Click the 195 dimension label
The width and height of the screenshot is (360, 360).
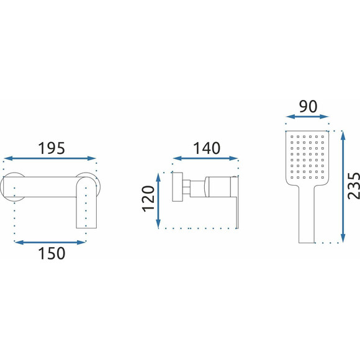coord(52,148)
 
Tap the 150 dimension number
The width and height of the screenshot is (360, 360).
coord(52,253)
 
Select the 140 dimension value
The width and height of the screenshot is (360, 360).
coord(207,148)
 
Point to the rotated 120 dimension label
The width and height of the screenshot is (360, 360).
coord(148,199)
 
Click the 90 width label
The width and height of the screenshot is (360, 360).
coord(308,107)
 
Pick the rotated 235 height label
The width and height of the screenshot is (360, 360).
coord(354,186)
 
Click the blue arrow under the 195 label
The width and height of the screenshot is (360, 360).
coord(50,158)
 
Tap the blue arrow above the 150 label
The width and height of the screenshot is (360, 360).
coord(50,243)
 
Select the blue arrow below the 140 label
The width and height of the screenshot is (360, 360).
coord(205,158)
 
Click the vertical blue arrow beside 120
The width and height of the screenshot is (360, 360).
coord(158,201)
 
